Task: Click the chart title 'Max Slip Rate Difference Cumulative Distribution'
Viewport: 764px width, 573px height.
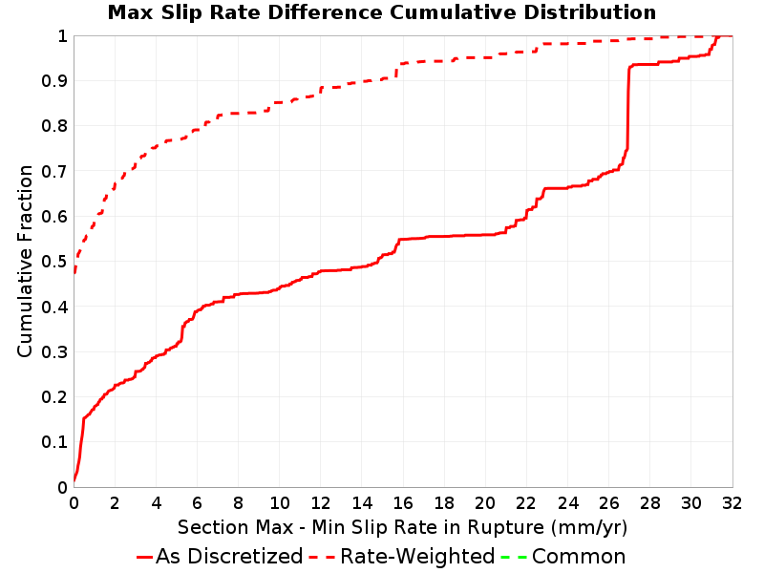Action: [x=381, y=12]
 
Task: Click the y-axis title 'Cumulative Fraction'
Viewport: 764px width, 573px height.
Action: [x=25, y=261]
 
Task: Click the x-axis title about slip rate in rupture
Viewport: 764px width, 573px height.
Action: [x=402, y=528]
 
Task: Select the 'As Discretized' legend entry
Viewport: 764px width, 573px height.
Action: [x=220, y=557]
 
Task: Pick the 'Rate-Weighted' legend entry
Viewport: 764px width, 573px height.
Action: [x=402, y=557]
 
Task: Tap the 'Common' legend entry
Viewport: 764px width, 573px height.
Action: [x=562, y=557]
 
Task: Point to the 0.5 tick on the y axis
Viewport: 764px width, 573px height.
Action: [x=54, y=262]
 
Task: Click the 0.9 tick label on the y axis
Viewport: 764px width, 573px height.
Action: [x=54, y=81]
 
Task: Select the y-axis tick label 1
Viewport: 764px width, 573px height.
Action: [x=62, y=36]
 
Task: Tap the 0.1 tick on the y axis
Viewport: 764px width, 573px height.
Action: [x=54, y=442]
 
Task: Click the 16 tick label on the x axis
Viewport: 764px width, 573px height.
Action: [x=402, y=503]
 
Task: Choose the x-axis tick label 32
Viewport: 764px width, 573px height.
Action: [x=732, y=503]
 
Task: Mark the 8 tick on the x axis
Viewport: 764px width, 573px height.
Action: [x=238, y=503]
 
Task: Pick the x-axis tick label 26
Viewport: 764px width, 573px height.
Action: [x=608, y=503]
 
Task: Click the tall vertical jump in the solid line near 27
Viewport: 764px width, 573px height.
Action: [x=628, y=107]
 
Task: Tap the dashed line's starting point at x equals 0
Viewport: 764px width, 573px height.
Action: [x=74, y=272]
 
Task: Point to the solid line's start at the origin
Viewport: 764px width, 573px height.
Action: [x=74, y=481]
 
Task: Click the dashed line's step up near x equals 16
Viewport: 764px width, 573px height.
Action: [x=397, y=71]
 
